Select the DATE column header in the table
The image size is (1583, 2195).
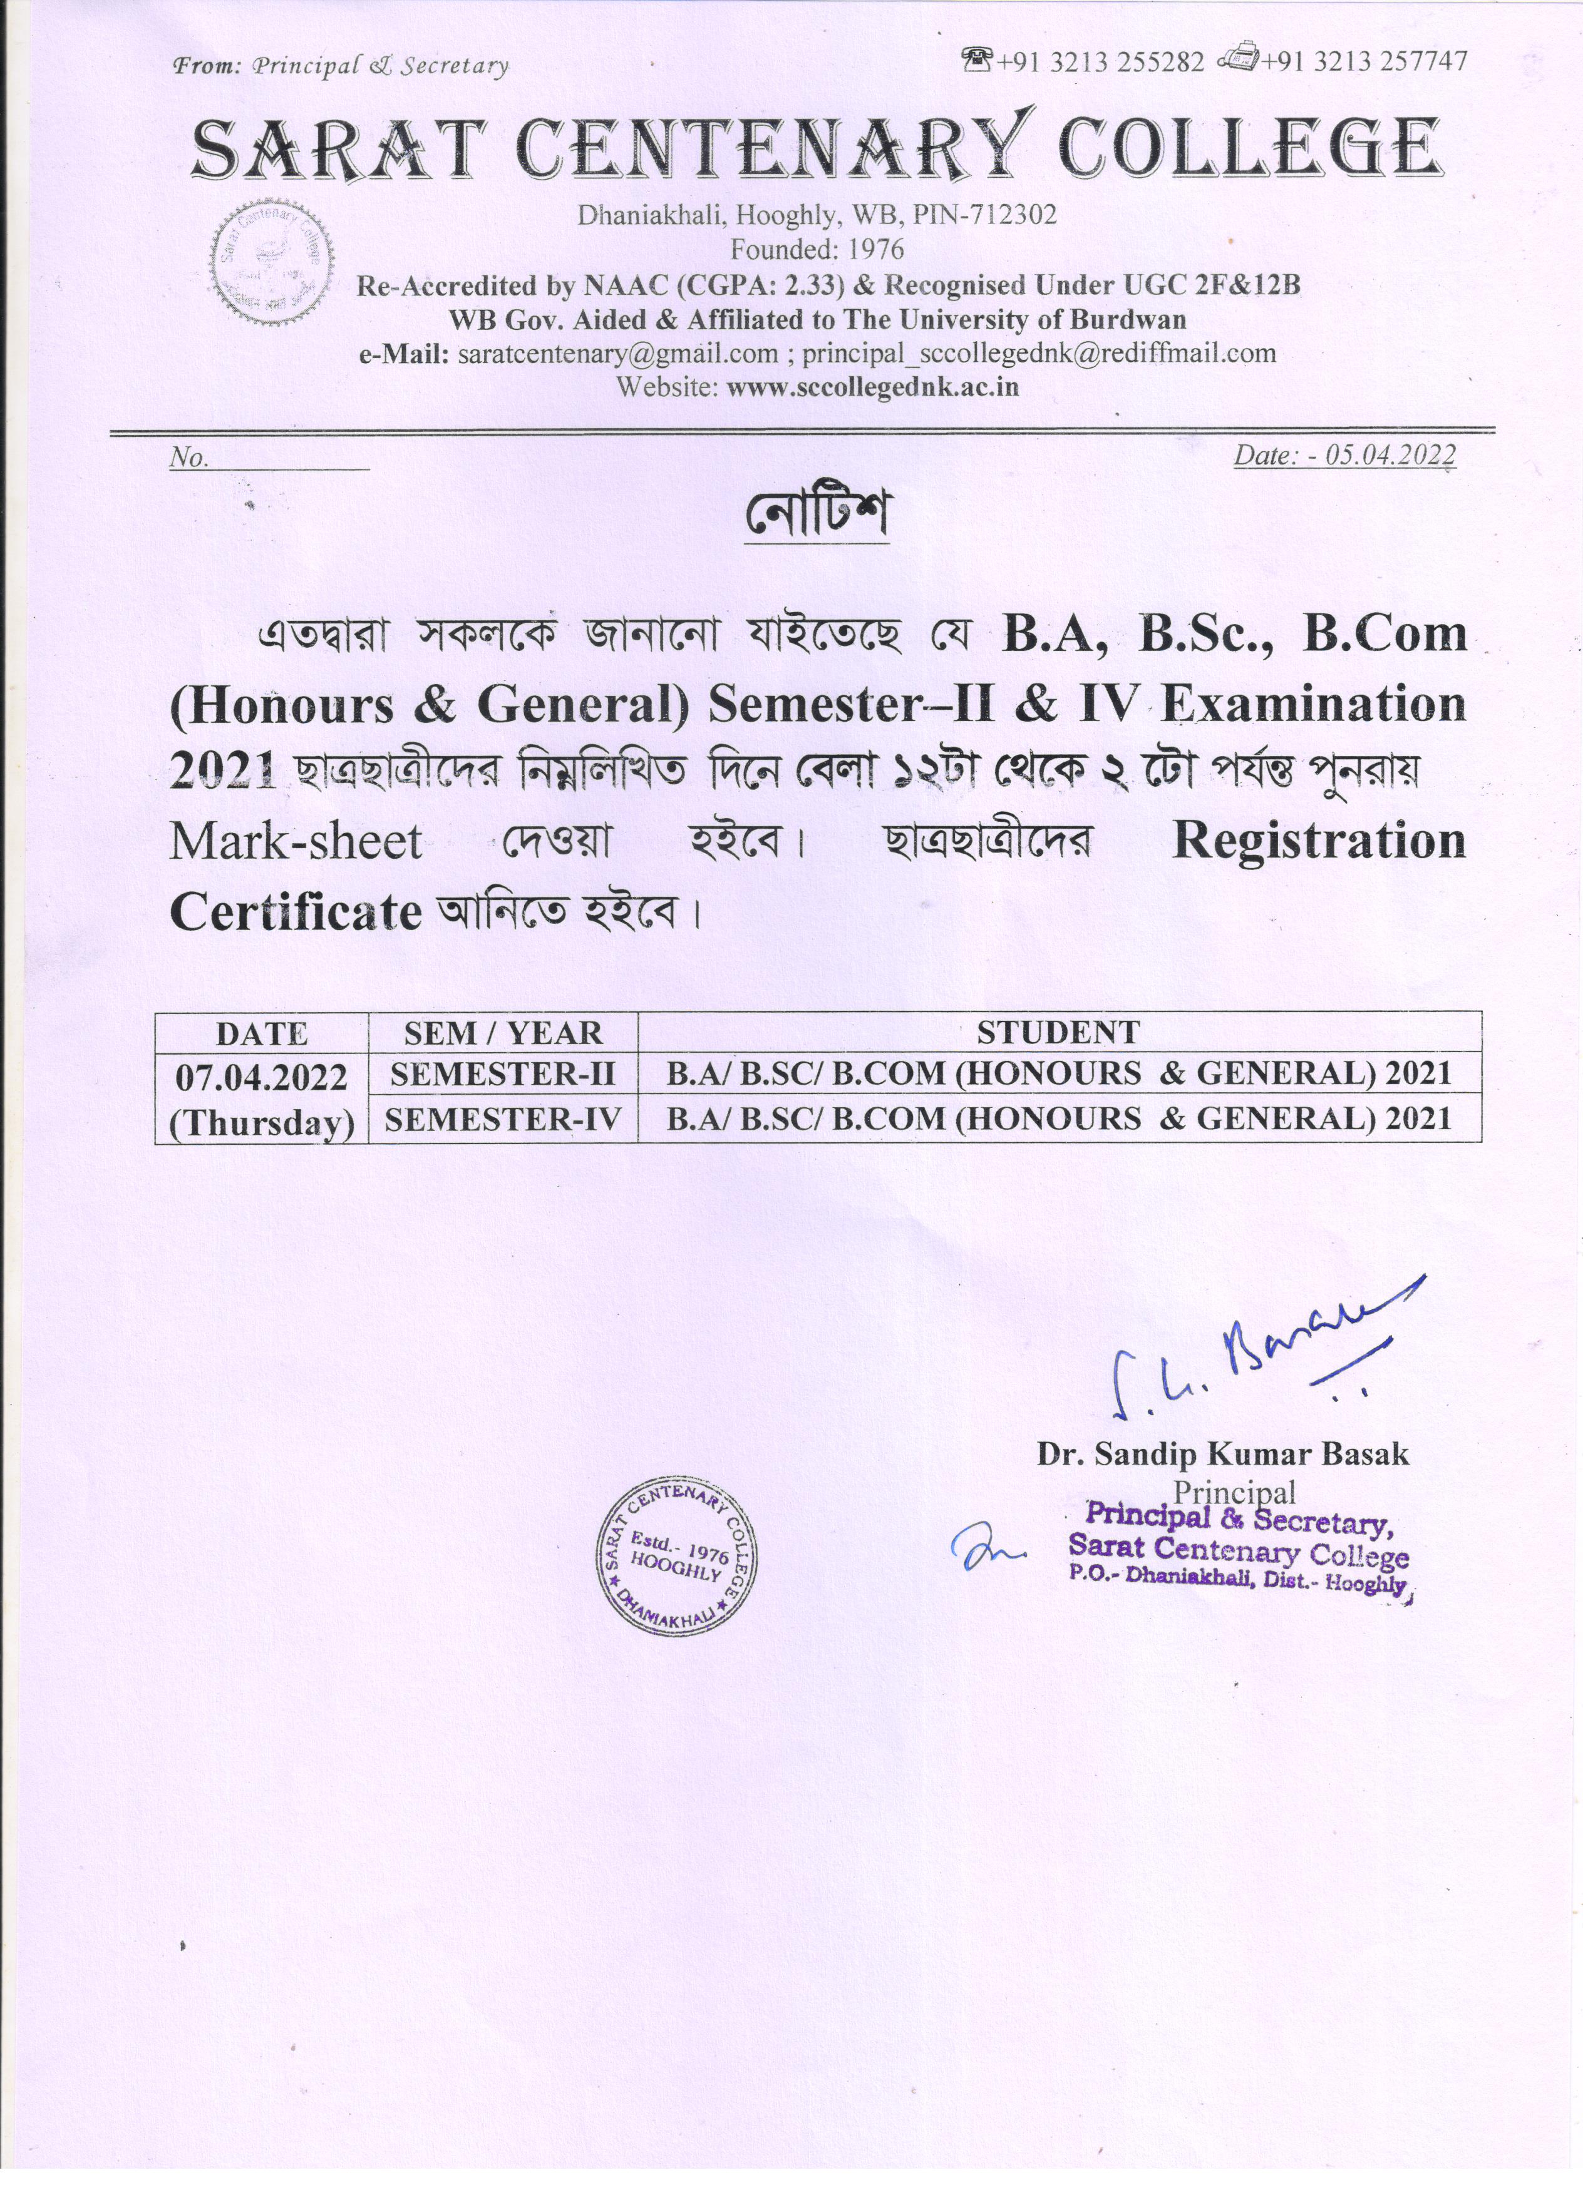click(261, 1033)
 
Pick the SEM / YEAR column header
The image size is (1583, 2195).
click(502, 1033)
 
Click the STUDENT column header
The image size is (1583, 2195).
click(1058, 1033)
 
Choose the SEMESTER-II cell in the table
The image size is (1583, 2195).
click(502, 1073)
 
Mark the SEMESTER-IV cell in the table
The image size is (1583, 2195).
click(502, 1120)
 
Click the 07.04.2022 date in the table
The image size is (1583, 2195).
click(261, 1077)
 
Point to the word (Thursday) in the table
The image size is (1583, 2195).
click(261, 1123)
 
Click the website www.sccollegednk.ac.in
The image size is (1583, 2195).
click(872, 388)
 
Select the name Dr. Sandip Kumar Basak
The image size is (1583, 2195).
click(1223, 1455)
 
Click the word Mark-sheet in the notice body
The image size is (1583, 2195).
click(296, 842)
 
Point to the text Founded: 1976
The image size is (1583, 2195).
click(816, 250)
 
